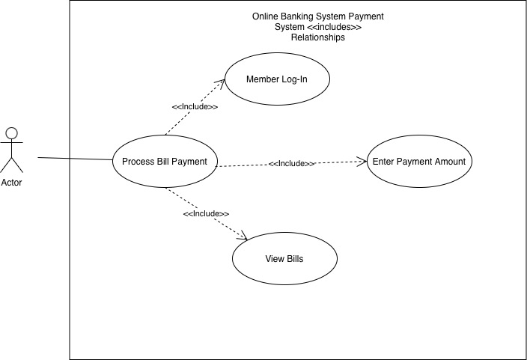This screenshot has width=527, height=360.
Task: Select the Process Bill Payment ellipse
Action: point(164,161)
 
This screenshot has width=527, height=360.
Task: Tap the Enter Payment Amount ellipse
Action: point(418,161)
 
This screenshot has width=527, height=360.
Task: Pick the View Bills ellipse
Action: point(284,259)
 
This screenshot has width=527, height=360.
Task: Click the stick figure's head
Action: point(11,133)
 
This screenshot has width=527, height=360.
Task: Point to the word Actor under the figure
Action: point(11,182)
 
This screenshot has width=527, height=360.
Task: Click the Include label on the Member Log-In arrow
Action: point(195,107)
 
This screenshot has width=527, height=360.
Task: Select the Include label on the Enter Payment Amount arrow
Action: point(291,163)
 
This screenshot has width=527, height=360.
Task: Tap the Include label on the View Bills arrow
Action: point(206,214)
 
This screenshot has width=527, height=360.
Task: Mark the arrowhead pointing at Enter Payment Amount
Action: point(363,160)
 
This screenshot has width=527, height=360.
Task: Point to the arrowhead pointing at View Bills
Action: point(243,237)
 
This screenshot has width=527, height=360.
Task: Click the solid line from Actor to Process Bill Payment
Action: point(75,159)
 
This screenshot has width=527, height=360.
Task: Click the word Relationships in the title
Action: point(318,37)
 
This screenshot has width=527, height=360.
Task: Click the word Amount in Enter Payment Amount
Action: point(450,161)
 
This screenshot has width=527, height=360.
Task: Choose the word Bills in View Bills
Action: point(293,259)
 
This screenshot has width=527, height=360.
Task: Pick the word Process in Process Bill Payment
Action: point(138,161)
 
